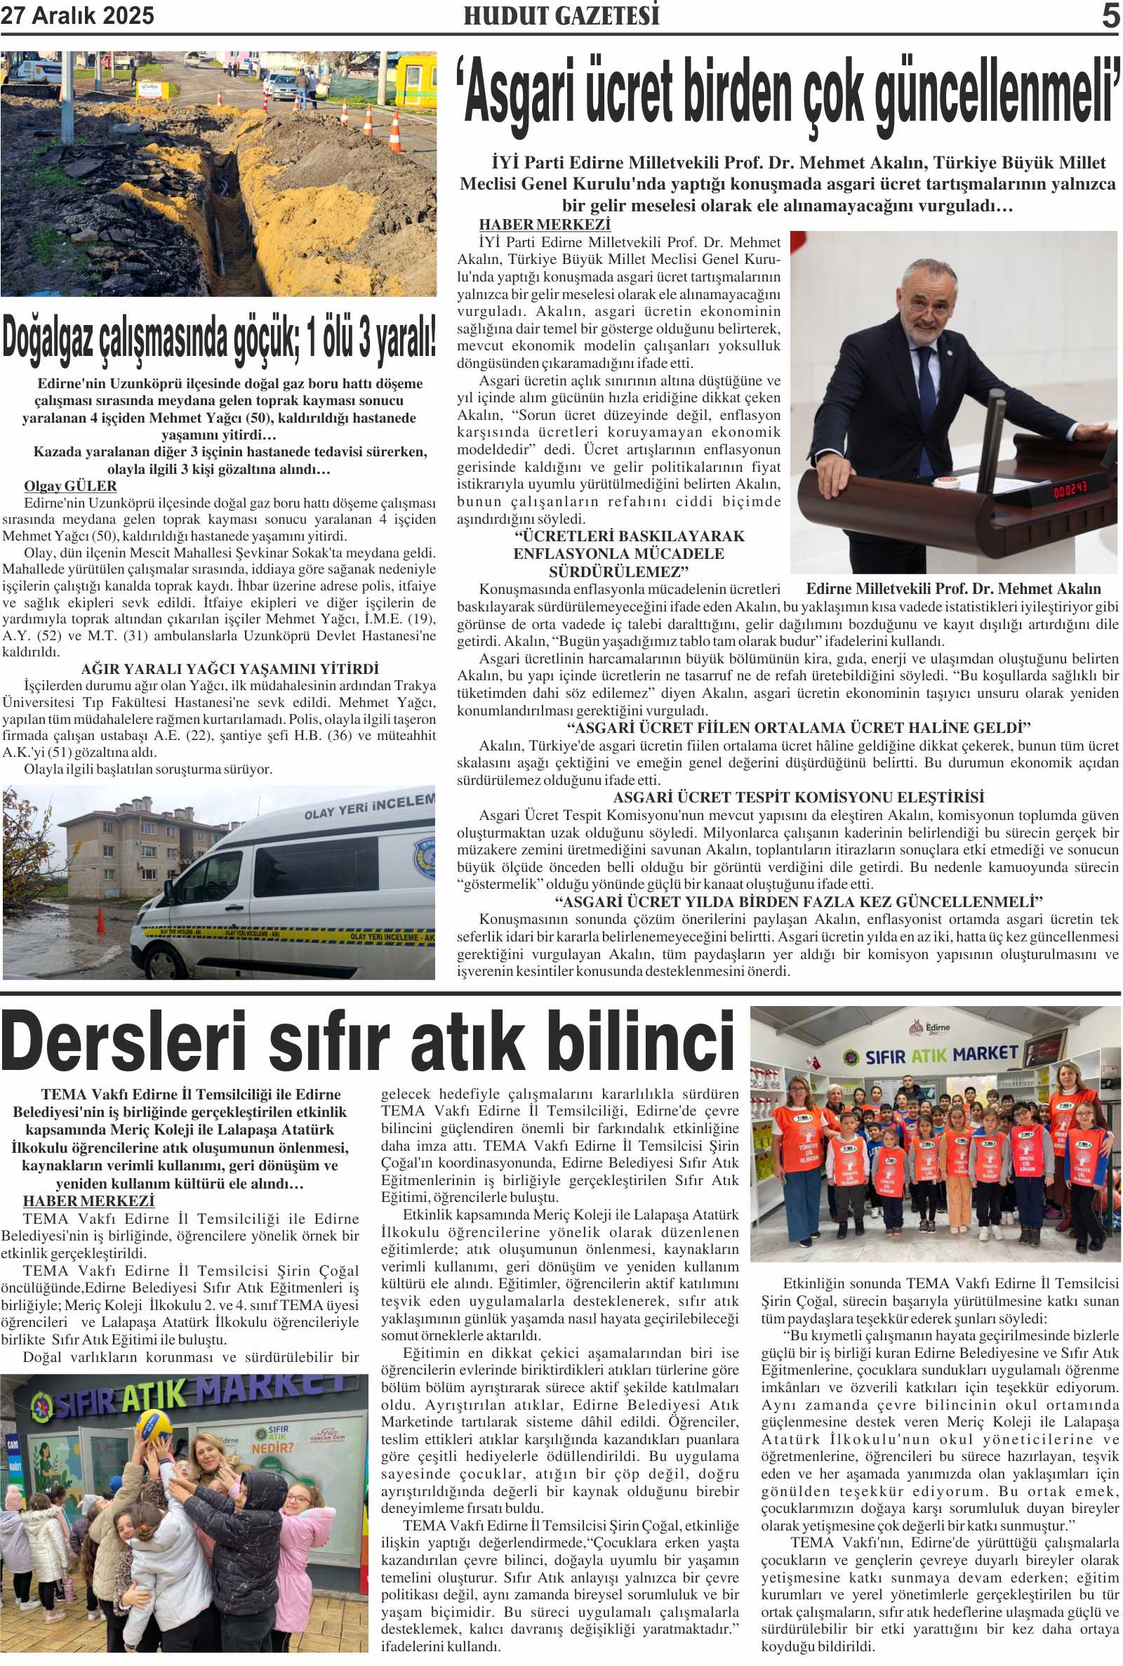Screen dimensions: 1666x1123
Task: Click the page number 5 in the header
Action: click(1110, 15)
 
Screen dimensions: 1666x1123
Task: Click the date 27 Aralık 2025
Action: click(77, 15)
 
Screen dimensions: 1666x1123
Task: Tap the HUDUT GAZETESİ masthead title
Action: click(561, 15)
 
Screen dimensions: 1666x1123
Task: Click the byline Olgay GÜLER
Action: click(70, 486)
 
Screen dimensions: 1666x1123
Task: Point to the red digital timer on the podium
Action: click(1069, 490)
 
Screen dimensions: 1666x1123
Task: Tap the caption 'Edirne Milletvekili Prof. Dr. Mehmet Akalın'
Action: click(953, 589)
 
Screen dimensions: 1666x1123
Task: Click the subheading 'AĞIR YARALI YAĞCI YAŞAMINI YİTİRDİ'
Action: click(230, 669)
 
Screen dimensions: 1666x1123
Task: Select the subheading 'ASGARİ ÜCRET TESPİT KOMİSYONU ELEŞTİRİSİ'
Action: click(799, 797)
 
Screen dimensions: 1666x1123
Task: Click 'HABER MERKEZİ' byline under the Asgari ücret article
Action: click(545, 224)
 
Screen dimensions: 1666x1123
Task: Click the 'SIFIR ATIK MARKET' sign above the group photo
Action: click(942, 1055)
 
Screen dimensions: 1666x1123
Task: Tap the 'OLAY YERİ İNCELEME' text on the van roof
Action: click(369, 807)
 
